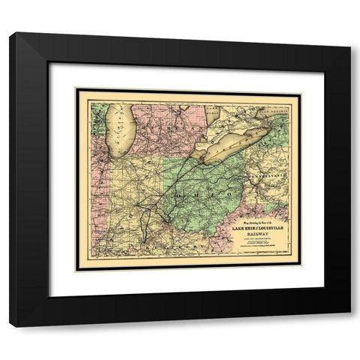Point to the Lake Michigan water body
(119, 127)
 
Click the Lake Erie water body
(236, 142)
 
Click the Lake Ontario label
(280, 110)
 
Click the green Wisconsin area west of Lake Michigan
(97, 116)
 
